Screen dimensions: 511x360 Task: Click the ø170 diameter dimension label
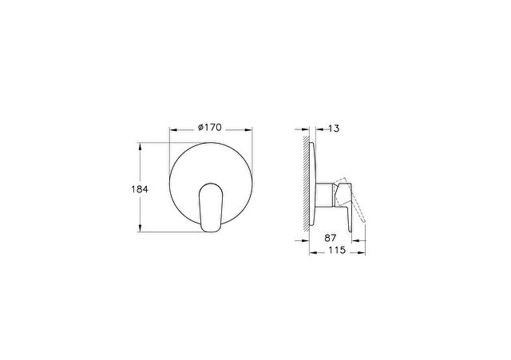click(x=210, y=128)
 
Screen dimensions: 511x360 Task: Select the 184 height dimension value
click(x=140, y=189)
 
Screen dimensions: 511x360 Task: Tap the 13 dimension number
click(x=334, y=129)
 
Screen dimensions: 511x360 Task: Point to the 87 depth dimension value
click(x=330, y=238)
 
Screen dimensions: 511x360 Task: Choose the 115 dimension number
click(x=337, y=250)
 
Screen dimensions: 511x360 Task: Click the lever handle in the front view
click(x=211, y=208)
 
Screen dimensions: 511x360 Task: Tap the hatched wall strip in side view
click(x=305, y=184)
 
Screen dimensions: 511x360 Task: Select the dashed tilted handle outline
click(x=351, y=199)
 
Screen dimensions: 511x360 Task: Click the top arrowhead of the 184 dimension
click(x=141, y=146)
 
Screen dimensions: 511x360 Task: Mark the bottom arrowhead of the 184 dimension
click(x=141, y=228)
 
